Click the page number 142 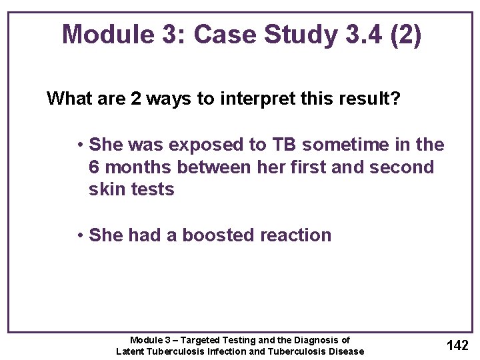click(x=457, y=345)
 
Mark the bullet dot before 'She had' click(x=79, y=236)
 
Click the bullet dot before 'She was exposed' click(x=79, y=145)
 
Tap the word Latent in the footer click(x=132, y=351)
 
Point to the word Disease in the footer click(x=346, y=351)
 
